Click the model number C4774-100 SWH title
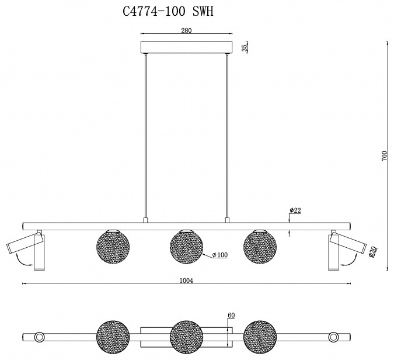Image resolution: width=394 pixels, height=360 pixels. click(x=168, y=11)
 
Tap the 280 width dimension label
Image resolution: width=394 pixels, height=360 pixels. click(x=186, y=30)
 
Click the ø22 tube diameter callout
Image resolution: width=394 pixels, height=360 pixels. click(x=295, y=210)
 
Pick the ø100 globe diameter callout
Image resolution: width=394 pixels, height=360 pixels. click(x=220, y=255)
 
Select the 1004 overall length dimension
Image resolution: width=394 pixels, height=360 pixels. click(x=186, y=281)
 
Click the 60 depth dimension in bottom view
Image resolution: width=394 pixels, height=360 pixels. click(x=231, y=315)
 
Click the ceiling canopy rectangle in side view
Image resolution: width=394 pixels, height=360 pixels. click(x=186, y=47)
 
